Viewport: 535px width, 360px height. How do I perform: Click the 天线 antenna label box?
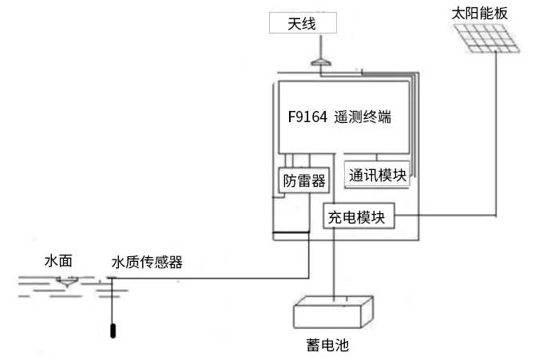tap(302, 24)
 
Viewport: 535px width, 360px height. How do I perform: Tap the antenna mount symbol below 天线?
tap(319, 60)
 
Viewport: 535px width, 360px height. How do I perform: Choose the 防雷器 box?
tap(303, 180)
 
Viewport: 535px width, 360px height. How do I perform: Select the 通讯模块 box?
tap(378, 176)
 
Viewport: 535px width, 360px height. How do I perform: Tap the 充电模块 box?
tap(361, 216)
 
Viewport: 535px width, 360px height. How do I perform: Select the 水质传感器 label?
tap(146, 261)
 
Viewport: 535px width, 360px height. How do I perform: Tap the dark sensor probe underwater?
tap(114, 330)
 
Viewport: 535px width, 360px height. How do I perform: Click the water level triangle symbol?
tap(66, 280)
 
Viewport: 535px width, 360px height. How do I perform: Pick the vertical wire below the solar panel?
tap(497, 136)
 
